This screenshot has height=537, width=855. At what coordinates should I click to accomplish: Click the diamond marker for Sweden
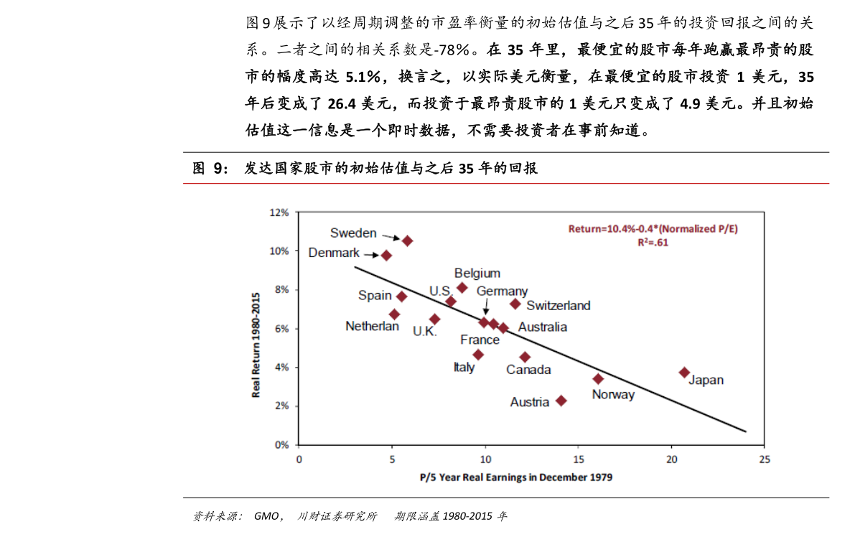407,241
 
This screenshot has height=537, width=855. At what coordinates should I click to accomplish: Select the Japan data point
684,373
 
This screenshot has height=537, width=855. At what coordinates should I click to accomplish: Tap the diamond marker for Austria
561,401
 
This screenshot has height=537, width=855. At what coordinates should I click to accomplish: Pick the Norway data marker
598,378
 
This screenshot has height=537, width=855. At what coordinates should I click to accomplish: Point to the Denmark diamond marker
386,255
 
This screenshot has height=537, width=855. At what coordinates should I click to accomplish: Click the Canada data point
525,357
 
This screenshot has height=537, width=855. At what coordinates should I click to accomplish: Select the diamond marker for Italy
478,355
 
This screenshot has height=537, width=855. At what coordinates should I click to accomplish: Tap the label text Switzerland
559,306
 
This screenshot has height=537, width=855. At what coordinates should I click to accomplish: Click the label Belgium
477,274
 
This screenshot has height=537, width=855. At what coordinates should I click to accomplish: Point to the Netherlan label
372,326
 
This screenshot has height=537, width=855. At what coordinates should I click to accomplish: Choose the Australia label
543,327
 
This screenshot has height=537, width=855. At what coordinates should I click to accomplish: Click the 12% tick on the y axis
279,213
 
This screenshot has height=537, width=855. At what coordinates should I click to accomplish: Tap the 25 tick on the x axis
765,459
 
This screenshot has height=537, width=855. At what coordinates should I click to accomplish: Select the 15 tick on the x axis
579,459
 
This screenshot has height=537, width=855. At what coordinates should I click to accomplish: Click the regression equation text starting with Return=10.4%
653,229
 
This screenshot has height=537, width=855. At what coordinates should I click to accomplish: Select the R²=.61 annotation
653,242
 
